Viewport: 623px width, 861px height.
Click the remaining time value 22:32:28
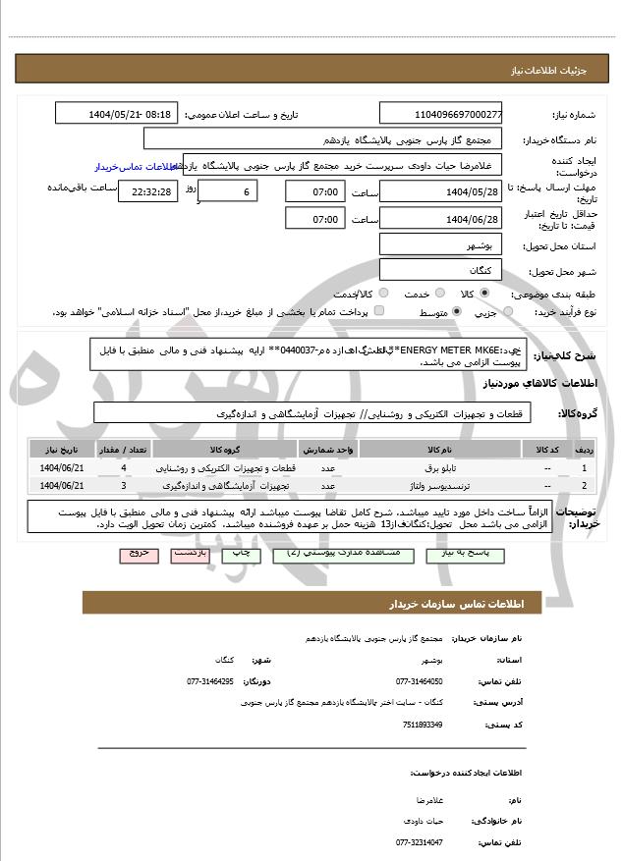pos(148,191)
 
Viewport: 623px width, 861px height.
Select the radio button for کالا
pos(483,294)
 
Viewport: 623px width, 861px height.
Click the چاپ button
pos(241,554)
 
